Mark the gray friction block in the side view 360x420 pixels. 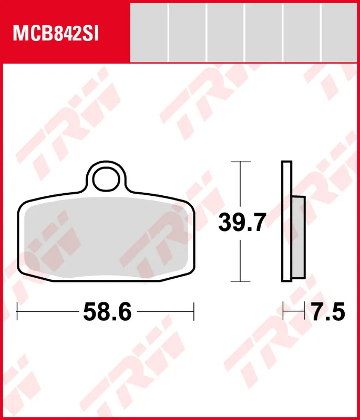click(x=297, y=237)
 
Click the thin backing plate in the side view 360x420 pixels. click(x=287, y=221)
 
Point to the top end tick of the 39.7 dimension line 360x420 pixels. click(x=240, y=162)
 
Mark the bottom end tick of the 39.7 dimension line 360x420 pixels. click(x=240, y=281)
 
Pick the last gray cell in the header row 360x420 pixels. click(x=340, y=31)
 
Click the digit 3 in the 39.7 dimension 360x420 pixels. click(x=225, y=224)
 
